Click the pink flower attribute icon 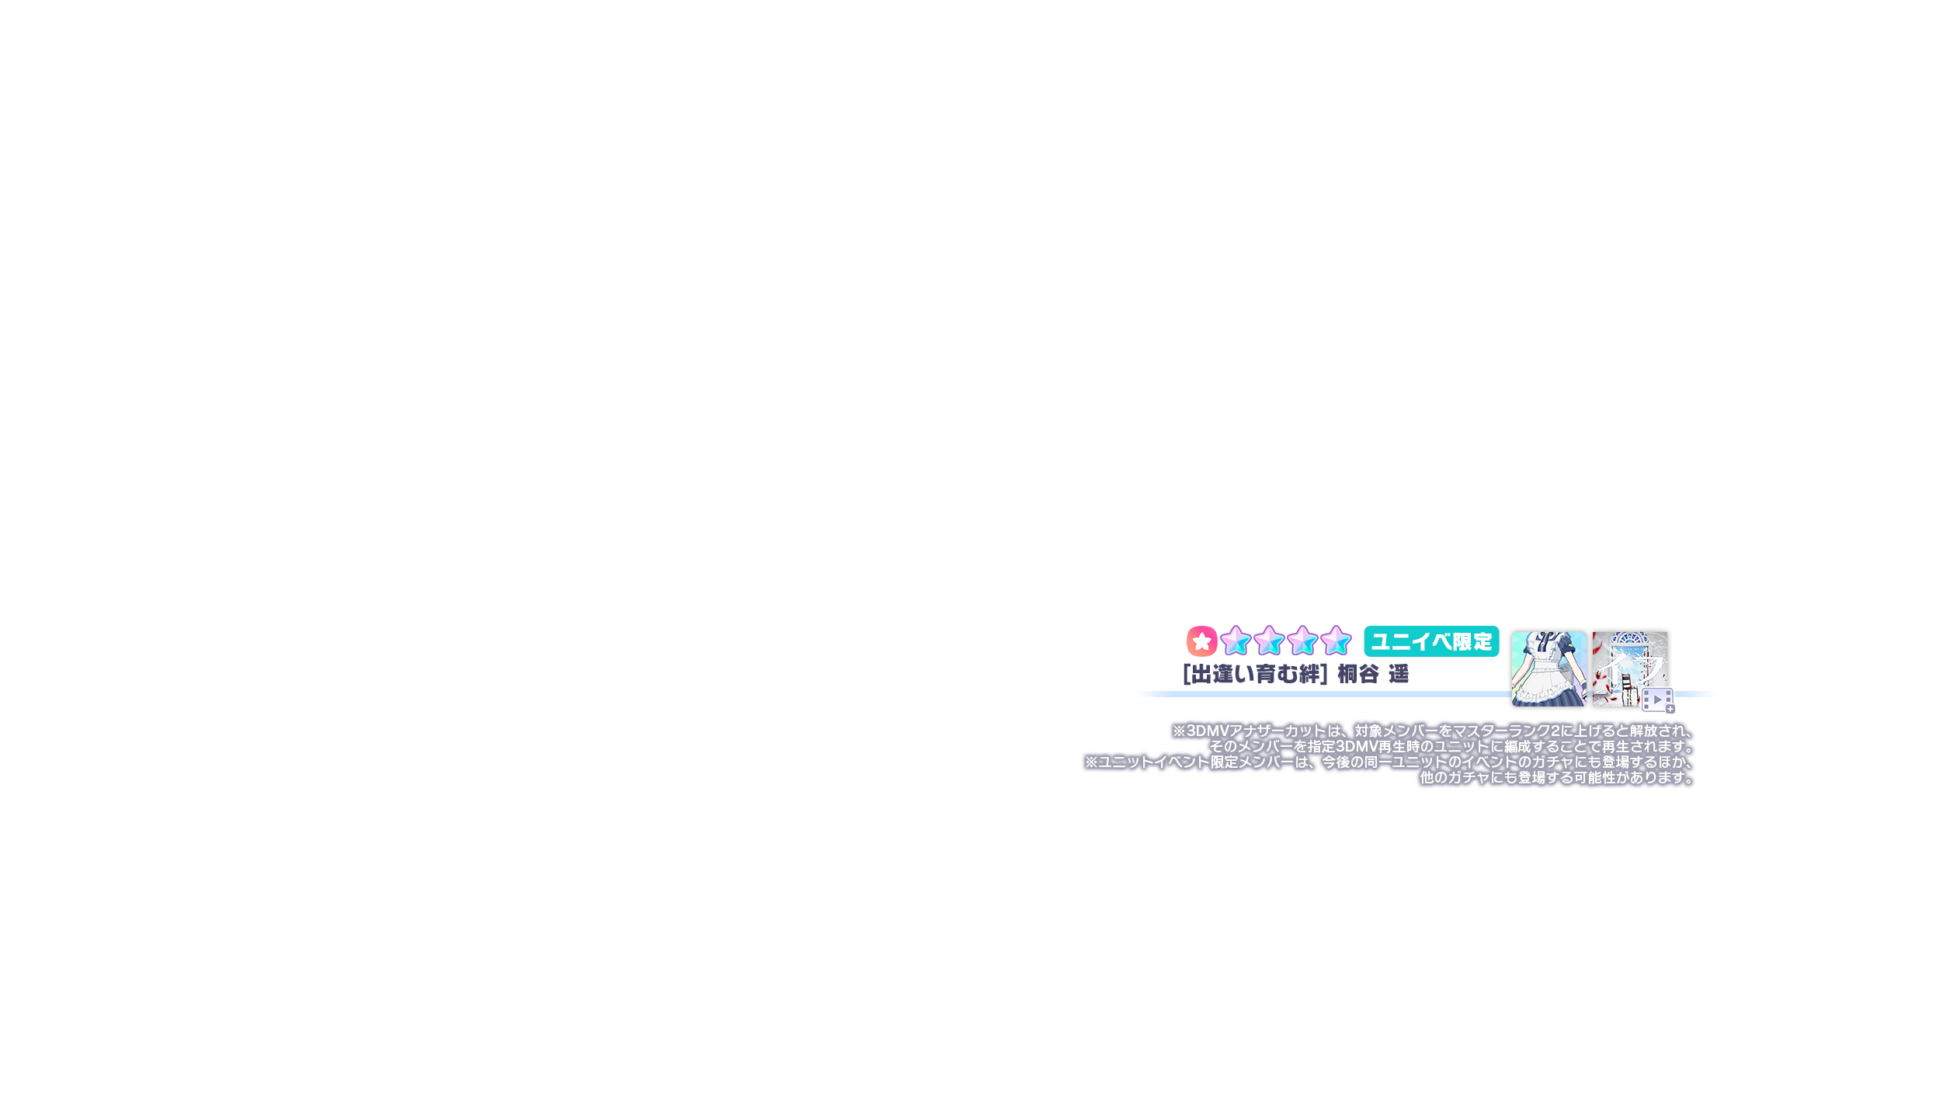[x=1201, y=641]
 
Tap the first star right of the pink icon [x=1235, y=641]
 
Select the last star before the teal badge [x=1336, y=641]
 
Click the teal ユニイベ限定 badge [x=1431, y=641]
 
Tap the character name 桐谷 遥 [x=1373, y=674]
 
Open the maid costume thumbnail [x=1549, y=669]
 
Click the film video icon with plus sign [x=1657, y=700]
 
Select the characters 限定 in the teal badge [x=1472, y=642]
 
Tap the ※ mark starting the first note [x=1179, y=731]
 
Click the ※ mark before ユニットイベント [x=1092, y=762]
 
